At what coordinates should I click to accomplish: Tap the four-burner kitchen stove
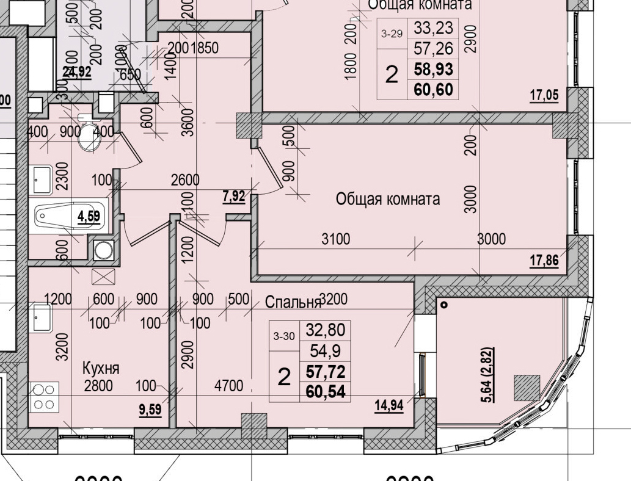pyautogui.click(x=45, y=396)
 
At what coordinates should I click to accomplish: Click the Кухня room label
pyautogui.click(x=101, y=368)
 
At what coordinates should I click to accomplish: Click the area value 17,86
pyautogui.click(x=544, y=261)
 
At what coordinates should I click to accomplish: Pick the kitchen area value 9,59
pyautogui.click(x=150, y=410)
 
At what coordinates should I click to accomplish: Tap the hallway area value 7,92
pyautogui.click(x=235, y=197)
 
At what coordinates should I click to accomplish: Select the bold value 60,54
pyautogui.click(x=326, y=391)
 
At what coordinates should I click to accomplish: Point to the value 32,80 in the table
pyautogui.click(x=325, y=331)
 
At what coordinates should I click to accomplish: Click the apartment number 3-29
pyautogui.click(x=392, y=34)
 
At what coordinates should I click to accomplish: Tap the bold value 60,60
pyautogui.click(x=433, y=90)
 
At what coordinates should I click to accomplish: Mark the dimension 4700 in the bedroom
pyautogui.click(x=229, y=386)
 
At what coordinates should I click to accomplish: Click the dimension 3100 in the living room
pyautogui.click(x=336, y=239)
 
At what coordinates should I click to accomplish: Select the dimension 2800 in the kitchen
pyautogui.click(x=98, y=386)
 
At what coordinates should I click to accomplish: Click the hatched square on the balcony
pyautogui.click(x=527, y=387)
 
